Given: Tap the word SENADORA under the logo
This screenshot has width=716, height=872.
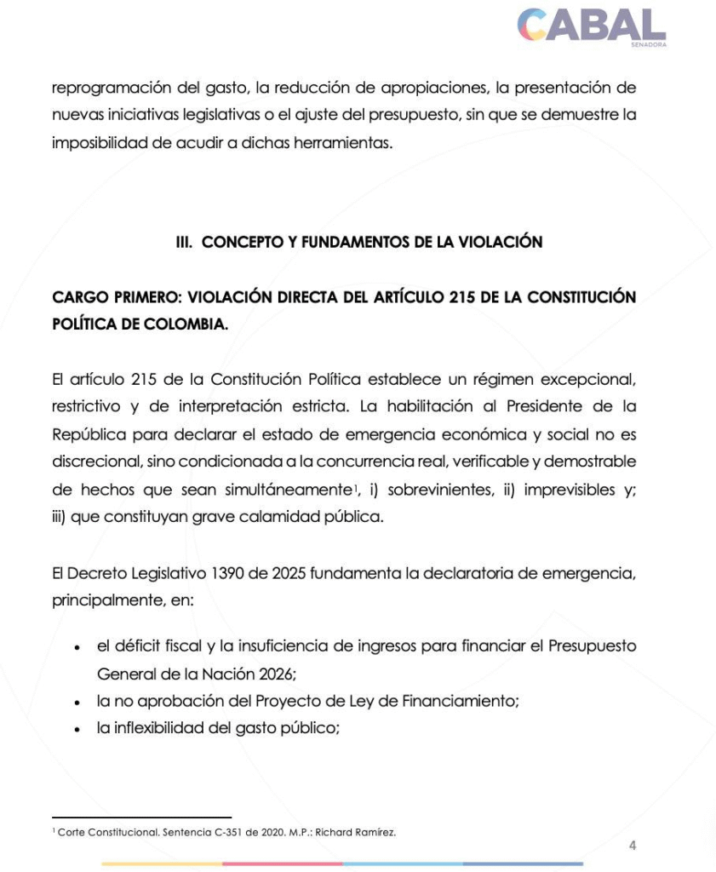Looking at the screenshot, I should (x=650, y=44).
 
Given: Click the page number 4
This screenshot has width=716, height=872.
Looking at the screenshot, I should (x=632, y=846).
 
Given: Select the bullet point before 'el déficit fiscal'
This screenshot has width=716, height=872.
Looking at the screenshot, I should (x=77, y=647).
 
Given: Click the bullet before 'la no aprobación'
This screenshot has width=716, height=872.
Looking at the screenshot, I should (x=77, y=704).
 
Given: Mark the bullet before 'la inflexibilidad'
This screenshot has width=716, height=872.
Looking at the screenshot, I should (x=77, y=730).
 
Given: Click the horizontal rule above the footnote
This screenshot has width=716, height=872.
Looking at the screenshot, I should (x=141, y=817).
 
